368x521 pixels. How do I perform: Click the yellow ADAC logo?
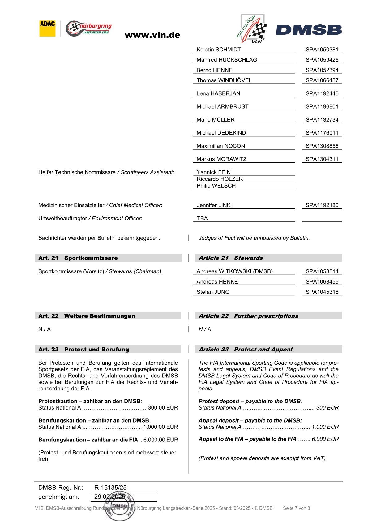[x=47, y=28]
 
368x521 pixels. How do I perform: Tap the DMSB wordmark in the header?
[x=309, y=30]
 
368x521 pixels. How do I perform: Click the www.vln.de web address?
[x=152, y=35]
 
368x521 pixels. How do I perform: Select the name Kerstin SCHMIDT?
[x=219, y=50]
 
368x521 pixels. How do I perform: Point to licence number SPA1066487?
[x=322, y=80]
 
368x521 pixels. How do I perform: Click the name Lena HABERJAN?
[x=218, y=93]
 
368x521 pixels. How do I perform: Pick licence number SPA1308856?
[x=322, y=146]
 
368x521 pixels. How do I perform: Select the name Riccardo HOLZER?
[x=220, y=179]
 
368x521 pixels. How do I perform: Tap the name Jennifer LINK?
[x=214, y=205]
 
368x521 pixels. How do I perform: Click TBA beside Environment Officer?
[x=202, y=219]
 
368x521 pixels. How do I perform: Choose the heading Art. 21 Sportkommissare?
[x=78, y=258]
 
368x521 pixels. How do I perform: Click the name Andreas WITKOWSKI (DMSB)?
[x=235, y=271]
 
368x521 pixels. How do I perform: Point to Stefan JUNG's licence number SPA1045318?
[x=322, y=292]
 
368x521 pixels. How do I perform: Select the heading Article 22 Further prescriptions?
[x=248, y=316]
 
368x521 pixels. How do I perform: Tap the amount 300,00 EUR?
[x=163, y=408]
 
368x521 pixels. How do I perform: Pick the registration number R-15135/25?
[x=110, y=488]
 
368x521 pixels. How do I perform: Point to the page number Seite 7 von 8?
[x=296, y=508]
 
